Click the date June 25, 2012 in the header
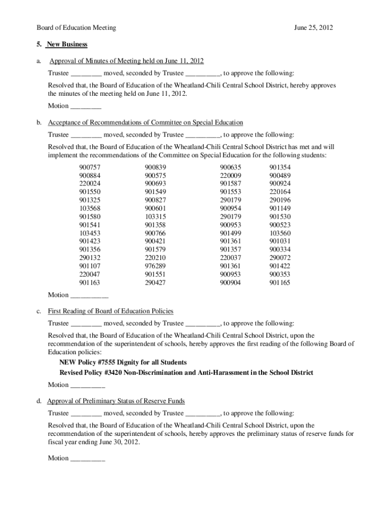pos(313,28)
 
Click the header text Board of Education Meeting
pos(76,28)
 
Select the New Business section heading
pos(67,44)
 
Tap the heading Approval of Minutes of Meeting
pos(126,61)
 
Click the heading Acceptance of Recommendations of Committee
pos(146,122)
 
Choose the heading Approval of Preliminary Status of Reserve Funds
pos(116,401)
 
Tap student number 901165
pos(280,283)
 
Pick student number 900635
pos(230,167)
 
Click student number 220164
pos(280,192)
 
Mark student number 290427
pos(155,283)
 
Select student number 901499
pos(230,233)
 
